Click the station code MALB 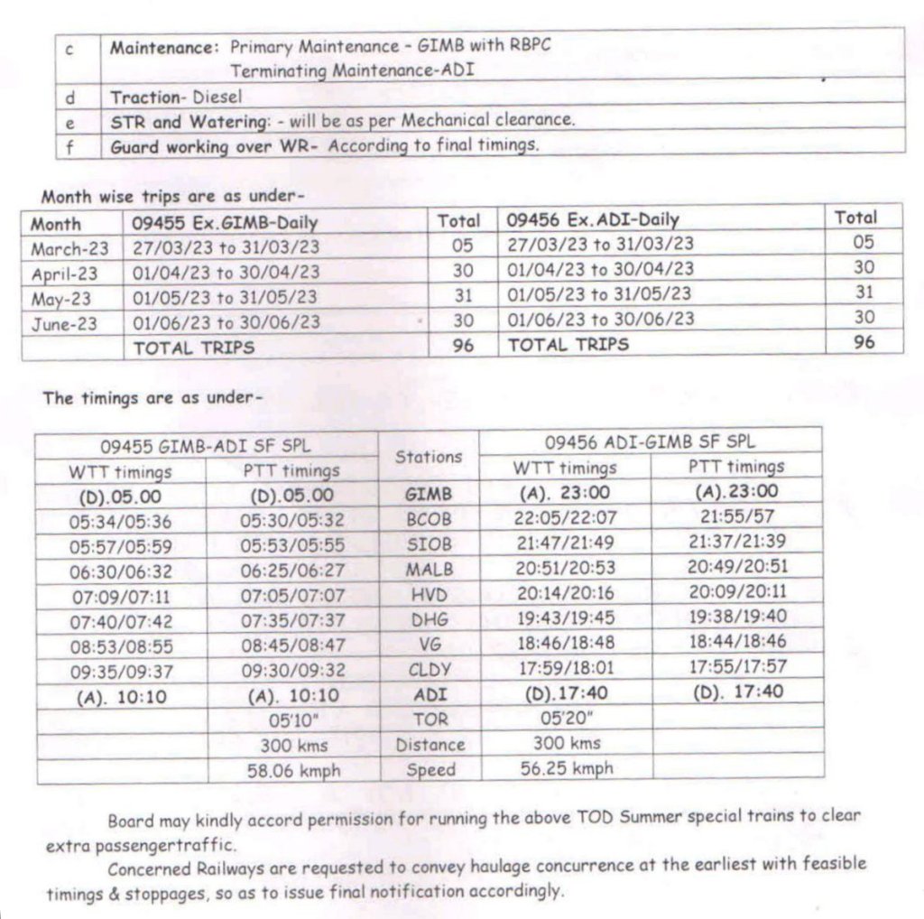click(x=430, y=570)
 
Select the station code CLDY click(x=430, y=671)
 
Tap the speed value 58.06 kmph click(x=294, y=771)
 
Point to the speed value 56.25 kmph click(x=566, y=768)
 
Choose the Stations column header click(x=430, y=457)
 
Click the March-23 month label click(x=69, y=248)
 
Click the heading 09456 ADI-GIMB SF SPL click(x=651, y=441)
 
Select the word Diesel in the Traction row click(x=217, y=96)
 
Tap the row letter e click(x=69, y=122)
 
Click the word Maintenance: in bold click(x=165, y=47)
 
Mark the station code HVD click(x=430, y=595)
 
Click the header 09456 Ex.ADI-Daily click(x=593, y=219)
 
